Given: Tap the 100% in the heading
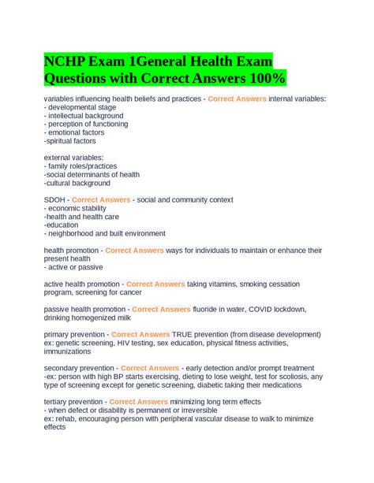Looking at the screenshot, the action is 264,78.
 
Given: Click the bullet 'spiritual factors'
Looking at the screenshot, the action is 75,141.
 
